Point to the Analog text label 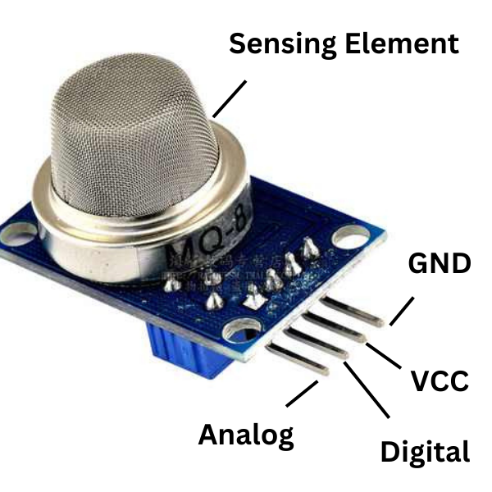point(245,435)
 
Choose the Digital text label point(425,452)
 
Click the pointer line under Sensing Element point(229,98)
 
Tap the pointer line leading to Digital point(367,398)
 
